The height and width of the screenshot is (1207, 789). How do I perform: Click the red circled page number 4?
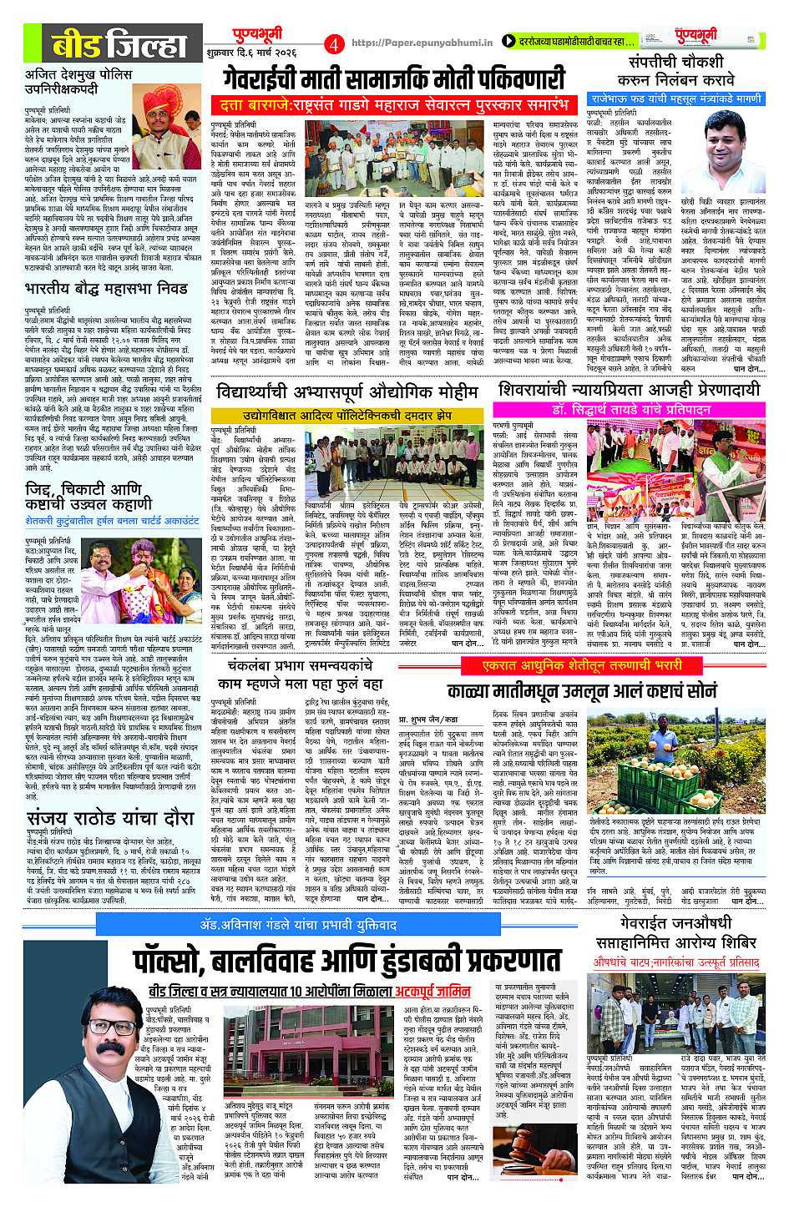[334, 43]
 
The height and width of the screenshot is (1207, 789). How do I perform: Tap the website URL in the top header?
[421, 42]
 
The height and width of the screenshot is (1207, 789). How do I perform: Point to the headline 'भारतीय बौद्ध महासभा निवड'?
[106, 290]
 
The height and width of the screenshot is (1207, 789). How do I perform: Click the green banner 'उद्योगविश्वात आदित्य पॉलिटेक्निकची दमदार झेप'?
[347, 415]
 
